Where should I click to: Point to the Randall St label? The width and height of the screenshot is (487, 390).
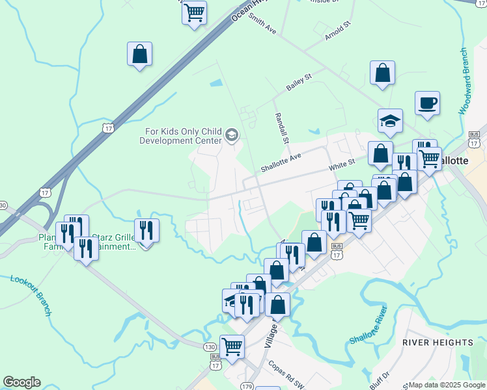282,127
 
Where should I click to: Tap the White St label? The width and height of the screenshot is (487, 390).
341,163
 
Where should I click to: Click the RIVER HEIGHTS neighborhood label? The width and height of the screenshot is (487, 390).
438,342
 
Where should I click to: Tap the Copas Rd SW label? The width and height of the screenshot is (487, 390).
286,375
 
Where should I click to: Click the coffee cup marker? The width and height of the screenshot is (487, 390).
427,103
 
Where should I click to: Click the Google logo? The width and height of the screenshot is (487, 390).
21,382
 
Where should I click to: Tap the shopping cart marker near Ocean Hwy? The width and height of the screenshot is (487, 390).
195,12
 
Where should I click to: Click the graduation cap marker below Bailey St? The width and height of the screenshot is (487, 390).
390,120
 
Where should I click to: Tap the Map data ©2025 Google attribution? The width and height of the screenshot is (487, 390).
446,385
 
